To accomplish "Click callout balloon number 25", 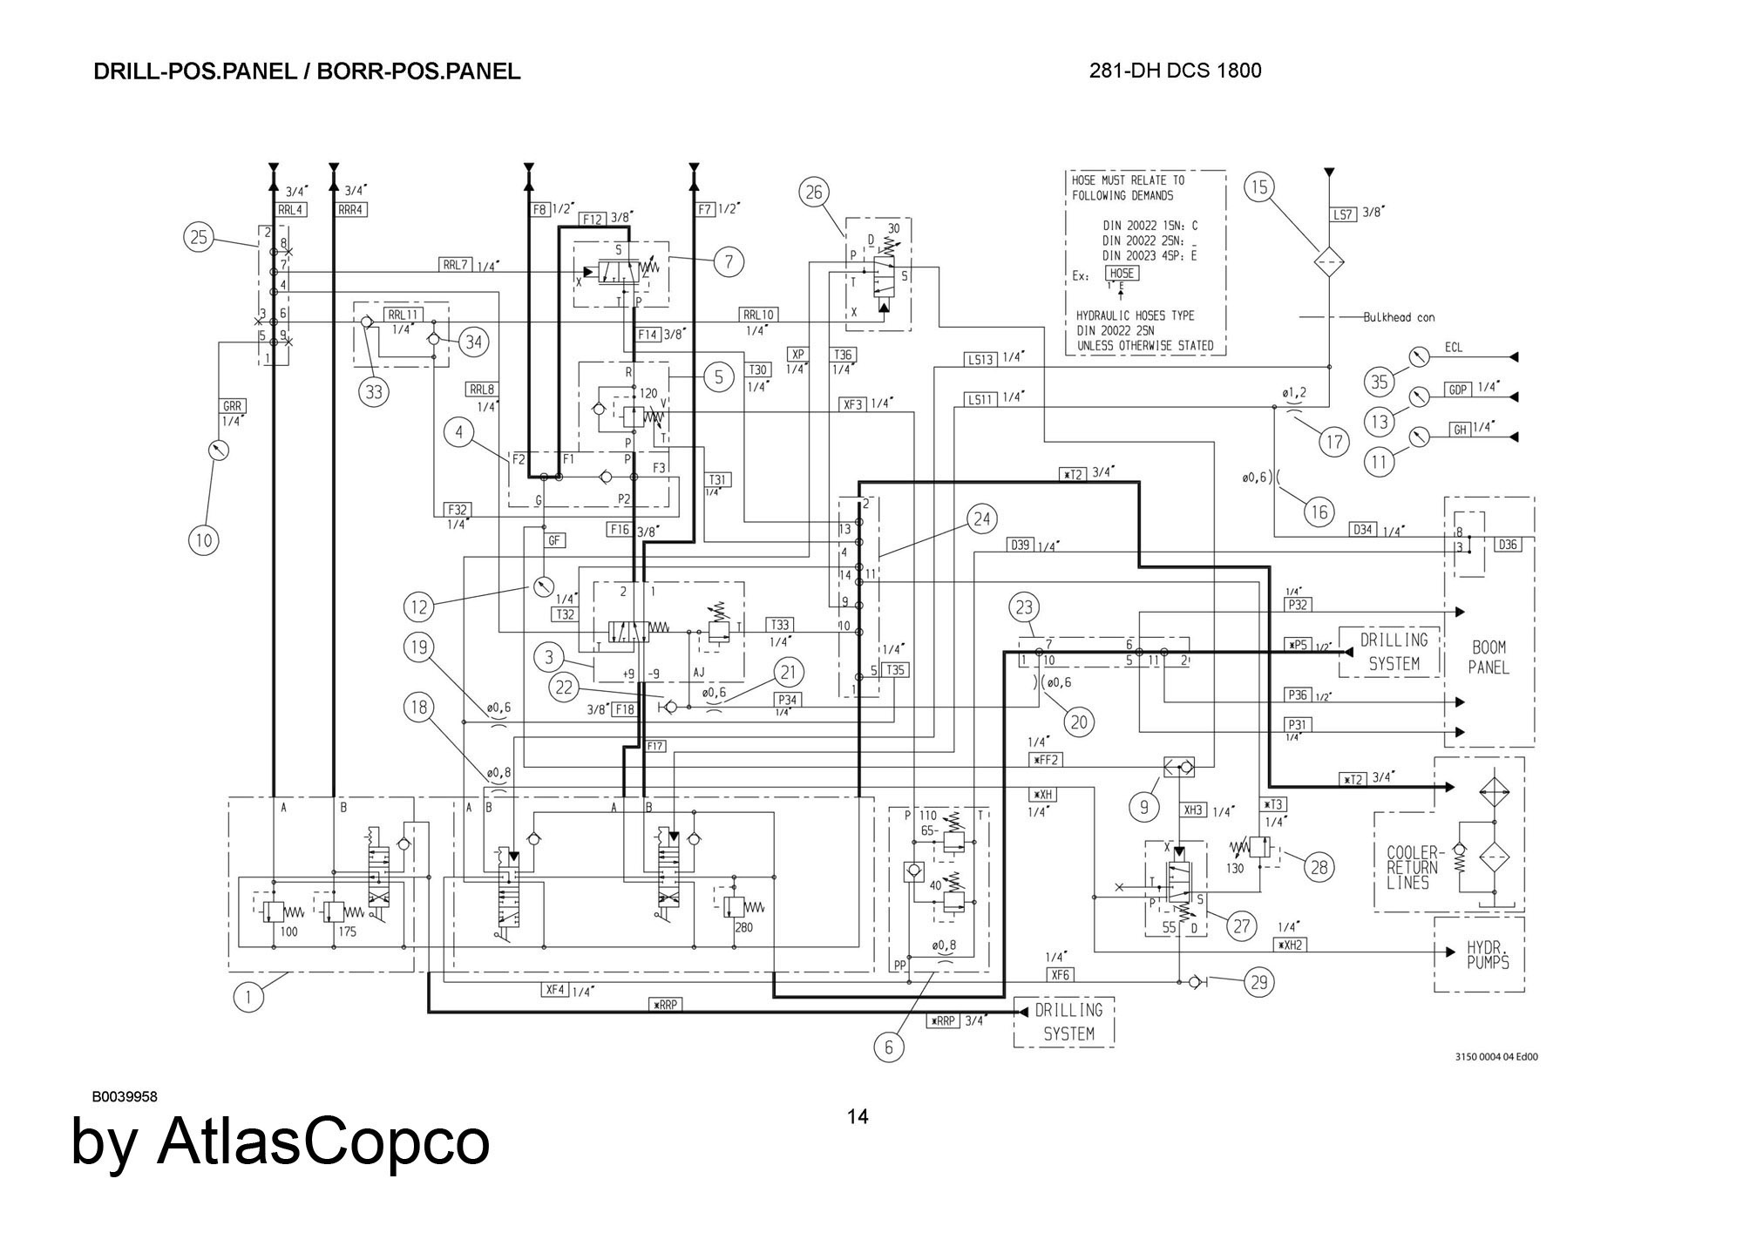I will pyautogui.click(x=200, y=237).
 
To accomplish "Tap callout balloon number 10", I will pyautogui.click(x=203, y=540).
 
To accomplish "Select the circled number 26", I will pyautogui.click(x=814, y=192).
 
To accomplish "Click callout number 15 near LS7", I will pyautogui.click(x=1260, y=186).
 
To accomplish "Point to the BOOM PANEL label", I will pyautogui.click(x=1489, y=658).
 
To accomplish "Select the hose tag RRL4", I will pyautogui.click(x=290, y=210).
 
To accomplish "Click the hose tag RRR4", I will pyautogui.click(x=350, y=210).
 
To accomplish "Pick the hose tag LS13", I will pyautogui.click(x=980, y=359).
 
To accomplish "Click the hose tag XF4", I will pyautogui.click(x=555, y=991).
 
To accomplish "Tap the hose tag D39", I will pyautogui.click(x=1020, y=545).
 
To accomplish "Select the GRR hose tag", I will pyautogui.click(x=232, y=406).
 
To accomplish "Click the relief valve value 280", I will pyautogui.click(x=743, y=928).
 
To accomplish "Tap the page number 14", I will pyautogui.click(x=858, y=1117).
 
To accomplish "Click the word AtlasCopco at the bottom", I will pyautogui.click(x=323, y=1142).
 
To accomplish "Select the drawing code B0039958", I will pyautogui.click(x=125, y=1097).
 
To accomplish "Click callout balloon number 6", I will pyautogui.click(x=889, y=1047).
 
